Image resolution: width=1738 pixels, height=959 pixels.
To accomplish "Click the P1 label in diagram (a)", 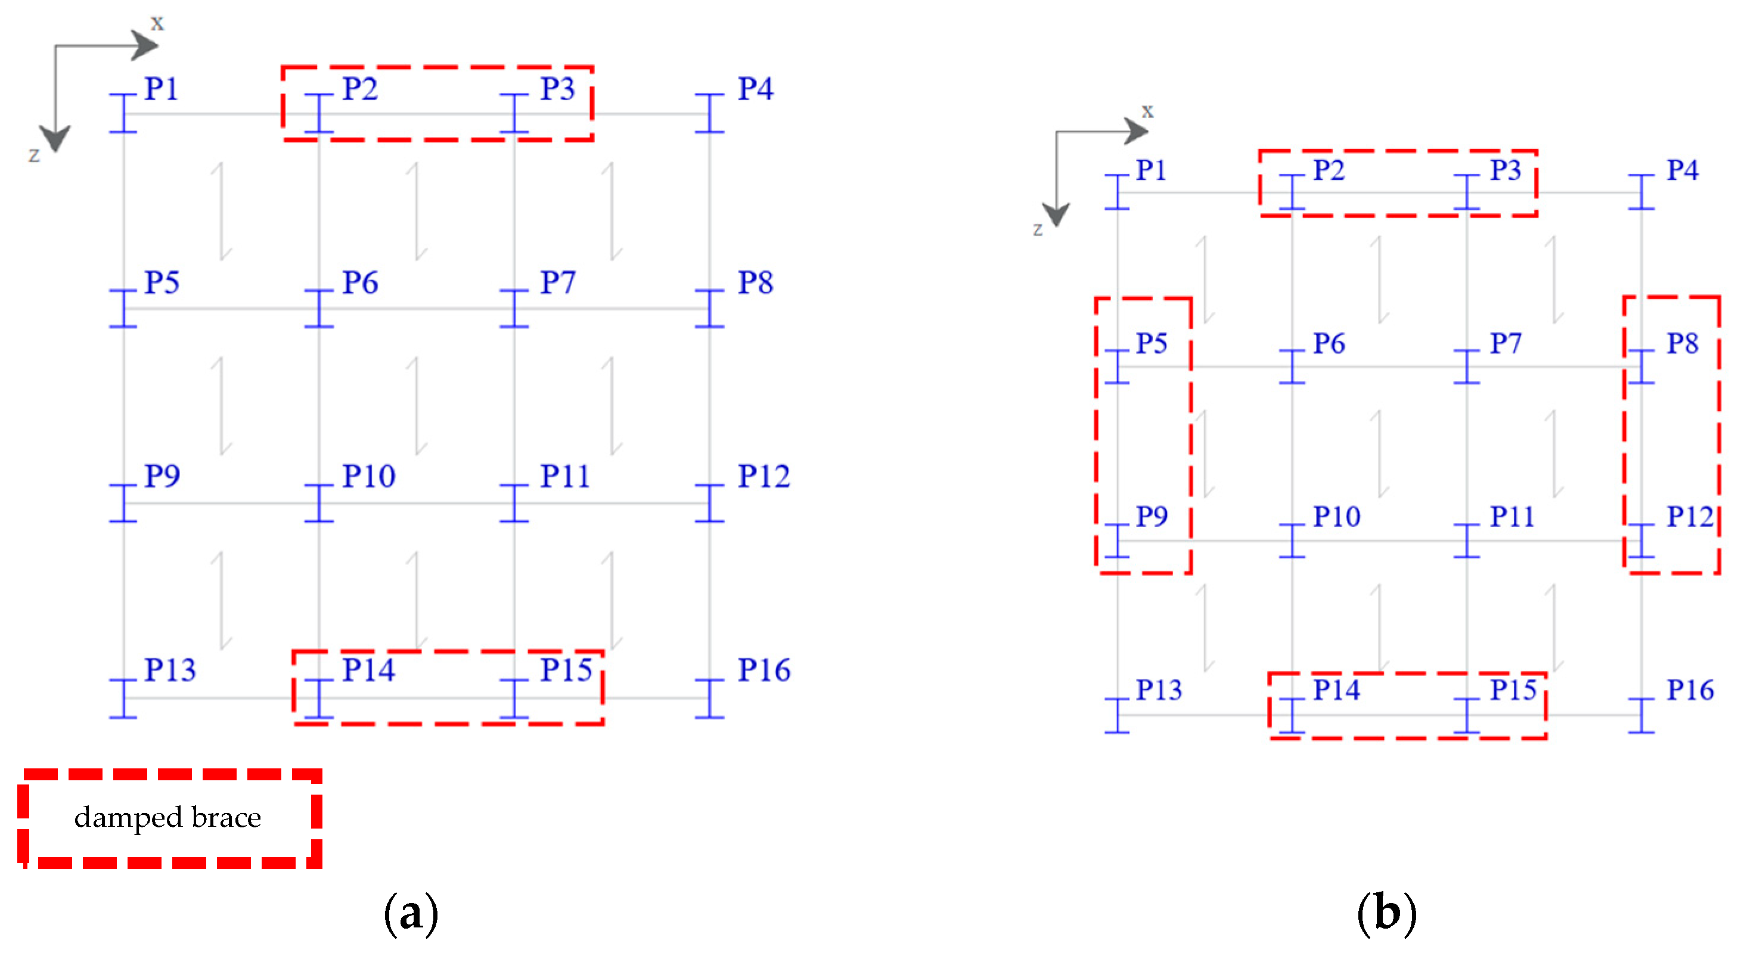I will tap(162, 89).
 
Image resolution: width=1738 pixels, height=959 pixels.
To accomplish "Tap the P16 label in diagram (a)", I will tap(764, 670).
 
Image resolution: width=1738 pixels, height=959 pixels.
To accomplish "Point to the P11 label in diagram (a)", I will tap(564, 477).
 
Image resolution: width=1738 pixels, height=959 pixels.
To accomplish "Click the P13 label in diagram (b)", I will tap(1159, 690).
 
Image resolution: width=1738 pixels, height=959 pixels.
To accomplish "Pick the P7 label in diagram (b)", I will tap(1505, 344).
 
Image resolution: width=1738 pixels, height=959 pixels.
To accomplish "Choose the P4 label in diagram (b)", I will tap(1682, 170).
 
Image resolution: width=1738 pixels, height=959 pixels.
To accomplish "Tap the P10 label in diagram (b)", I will tap(1336, 517).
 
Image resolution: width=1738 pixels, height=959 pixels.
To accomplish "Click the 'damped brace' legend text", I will tap(167, 817).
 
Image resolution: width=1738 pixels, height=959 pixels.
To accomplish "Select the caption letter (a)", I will tap(411, 914).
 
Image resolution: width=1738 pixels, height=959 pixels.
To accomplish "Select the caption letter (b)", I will tap(1386, 914).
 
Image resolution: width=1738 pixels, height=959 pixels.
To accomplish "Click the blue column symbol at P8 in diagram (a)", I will tap(709, 309).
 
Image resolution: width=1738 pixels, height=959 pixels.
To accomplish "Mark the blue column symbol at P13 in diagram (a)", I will tap(123, 699).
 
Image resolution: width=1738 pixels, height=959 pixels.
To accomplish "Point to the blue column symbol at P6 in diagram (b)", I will tap(1292, 367).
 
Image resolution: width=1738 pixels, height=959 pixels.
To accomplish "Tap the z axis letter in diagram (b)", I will tap(1038, 230).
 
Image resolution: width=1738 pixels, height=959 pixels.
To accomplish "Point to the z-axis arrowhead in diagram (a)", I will tap(55, 139).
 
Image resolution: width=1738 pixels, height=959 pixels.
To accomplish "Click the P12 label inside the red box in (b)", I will tap(1689, 517).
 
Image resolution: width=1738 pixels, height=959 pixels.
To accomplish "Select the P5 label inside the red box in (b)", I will tap(1151, 344).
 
